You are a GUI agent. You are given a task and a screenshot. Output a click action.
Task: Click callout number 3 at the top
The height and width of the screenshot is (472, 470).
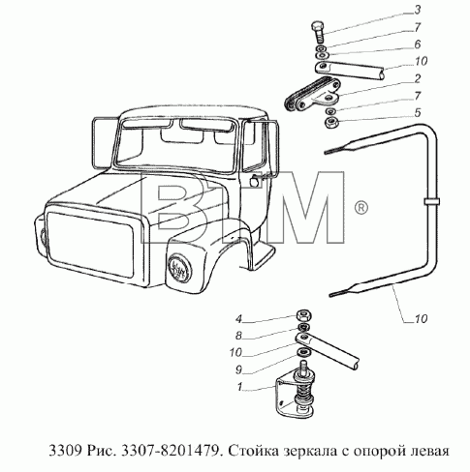418,10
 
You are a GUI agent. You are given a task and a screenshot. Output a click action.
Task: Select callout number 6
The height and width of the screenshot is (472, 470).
418,44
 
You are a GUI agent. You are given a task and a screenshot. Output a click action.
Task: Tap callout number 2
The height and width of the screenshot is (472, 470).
418,78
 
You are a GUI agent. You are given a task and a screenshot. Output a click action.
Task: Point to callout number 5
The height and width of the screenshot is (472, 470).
418,113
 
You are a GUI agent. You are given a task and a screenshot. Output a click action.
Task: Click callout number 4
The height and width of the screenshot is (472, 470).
238,319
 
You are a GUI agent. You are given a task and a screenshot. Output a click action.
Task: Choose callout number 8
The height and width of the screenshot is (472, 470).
238,336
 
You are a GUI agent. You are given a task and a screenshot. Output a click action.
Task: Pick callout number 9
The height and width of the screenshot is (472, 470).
238,370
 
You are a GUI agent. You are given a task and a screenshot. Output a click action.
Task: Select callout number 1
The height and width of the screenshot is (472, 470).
239,387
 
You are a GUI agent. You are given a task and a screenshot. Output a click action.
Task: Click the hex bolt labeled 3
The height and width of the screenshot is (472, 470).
319,32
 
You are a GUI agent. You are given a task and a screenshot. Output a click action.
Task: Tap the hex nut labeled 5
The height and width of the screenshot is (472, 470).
331,123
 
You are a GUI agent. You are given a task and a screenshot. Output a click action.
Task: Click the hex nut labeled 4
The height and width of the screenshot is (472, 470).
303,314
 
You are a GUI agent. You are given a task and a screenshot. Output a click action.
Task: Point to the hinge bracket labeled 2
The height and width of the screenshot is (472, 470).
312,95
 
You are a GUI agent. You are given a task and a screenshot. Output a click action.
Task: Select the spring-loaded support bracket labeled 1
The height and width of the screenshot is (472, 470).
295,391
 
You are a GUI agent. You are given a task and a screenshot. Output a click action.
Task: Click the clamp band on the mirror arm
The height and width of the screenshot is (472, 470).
431,202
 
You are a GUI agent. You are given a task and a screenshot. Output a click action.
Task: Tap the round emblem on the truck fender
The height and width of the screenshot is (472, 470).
179,267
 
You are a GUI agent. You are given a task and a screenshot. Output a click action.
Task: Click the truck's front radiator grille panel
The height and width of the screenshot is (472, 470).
90,244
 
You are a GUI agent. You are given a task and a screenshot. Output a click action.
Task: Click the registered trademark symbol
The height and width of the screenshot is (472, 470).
361,208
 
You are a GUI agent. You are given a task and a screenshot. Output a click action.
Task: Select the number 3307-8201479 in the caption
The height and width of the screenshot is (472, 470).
170,450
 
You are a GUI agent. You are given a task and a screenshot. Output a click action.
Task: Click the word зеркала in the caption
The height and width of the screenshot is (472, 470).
310,451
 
